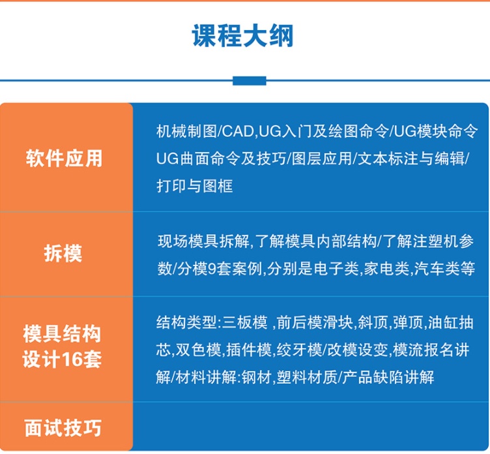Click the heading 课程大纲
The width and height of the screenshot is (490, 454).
click(243, 36)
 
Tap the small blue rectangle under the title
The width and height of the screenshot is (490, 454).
click(250, 81)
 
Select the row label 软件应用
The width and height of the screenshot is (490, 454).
click(64, 159)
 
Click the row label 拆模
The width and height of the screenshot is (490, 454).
click(63, 253)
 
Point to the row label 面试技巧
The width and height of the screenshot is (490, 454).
click(63, 428)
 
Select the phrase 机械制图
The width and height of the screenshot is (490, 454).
click(186, 131)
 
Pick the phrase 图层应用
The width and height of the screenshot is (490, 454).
click(322, 159)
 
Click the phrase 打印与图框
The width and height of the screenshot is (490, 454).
click(194, 186)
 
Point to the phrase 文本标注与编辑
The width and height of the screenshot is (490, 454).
click(411, 159)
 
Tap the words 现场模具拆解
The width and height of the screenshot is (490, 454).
click(203, 241)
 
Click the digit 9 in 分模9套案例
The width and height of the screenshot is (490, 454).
click(212, 269)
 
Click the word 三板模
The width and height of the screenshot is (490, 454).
click(245, 322)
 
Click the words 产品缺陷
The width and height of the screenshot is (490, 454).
click(373, 377)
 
